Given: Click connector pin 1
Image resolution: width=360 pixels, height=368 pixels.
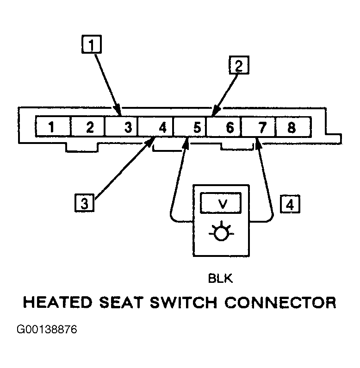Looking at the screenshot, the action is (53, 126).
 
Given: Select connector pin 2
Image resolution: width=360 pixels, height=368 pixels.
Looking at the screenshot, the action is (87, 126).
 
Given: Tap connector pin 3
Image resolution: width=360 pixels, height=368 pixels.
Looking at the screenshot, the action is (121, 126).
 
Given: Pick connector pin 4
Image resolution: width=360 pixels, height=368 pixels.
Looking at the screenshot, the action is (155, 126).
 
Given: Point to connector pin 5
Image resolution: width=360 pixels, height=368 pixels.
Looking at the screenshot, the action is (190, 126).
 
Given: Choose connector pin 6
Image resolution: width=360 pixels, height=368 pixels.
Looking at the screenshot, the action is (224, 126).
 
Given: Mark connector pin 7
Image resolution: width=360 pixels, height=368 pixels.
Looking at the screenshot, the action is (259, 126).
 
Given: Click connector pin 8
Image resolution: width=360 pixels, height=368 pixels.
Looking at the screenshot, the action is (293, 126).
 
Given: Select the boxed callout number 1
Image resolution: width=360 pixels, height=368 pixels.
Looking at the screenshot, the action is (92, 44).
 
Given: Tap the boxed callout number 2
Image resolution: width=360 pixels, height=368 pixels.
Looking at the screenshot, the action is (239, 65).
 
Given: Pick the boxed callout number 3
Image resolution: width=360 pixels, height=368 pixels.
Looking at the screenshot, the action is (85, 203).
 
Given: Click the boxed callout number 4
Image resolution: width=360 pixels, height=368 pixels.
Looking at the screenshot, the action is (290, 204).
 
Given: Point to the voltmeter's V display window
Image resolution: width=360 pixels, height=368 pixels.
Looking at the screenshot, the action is (221, 203).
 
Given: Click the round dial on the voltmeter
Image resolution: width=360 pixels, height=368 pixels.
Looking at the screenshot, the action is (221, 234).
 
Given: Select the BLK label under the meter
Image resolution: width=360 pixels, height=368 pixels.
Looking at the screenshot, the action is (220, 279).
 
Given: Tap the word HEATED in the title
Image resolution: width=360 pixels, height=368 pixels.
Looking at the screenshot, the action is (58, 302).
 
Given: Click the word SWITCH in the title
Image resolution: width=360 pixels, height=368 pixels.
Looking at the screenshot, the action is (184, 302).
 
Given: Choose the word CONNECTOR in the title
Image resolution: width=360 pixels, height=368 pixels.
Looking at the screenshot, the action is (280, 302).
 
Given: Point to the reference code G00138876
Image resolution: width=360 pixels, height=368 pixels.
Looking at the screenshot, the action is (47, 329).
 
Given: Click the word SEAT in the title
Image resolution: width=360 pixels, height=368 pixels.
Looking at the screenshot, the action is (121, 302).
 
